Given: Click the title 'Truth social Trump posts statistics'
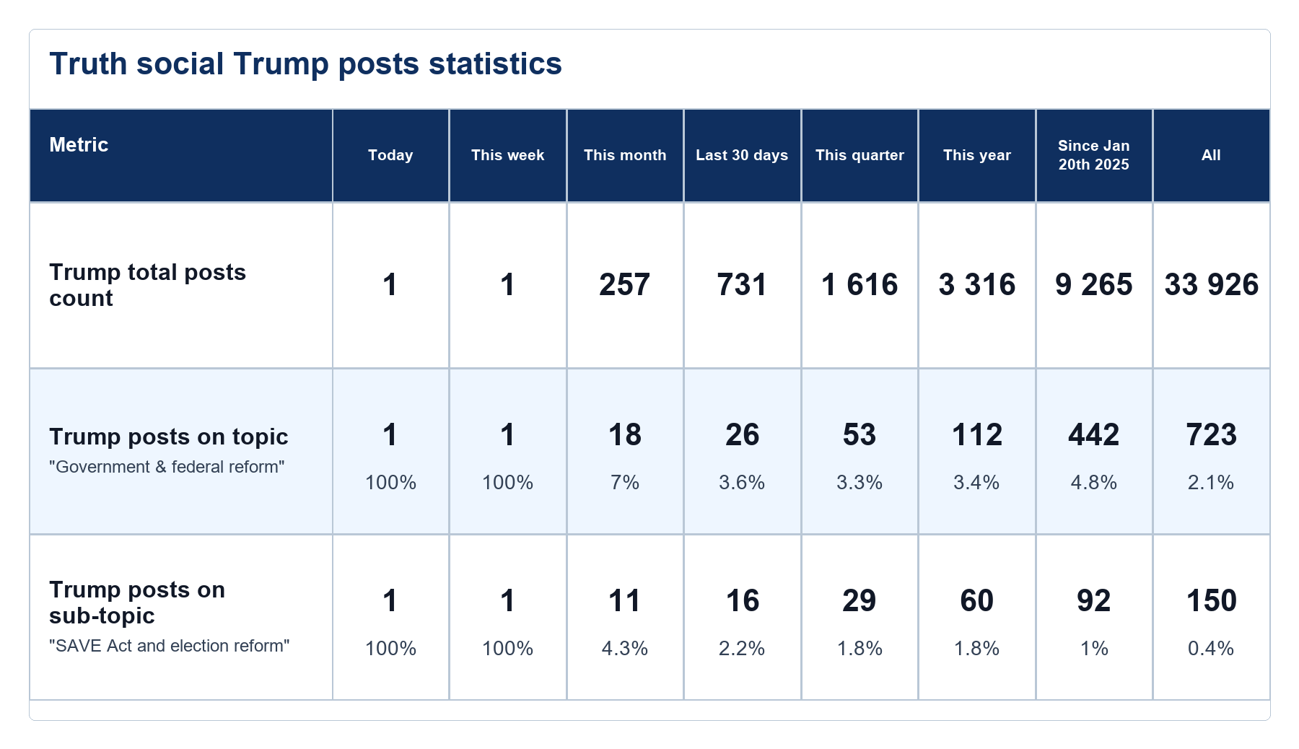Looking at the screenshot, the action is [305, 64].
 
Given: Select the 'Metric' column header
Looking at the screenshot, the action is [79, 145].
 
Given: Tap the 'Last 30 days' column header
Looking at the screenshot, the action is [742, 155].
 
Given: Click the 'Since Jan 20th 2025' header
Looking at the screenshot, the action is [1094, 155].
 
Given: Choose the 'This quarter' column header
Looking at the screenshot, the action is [860, 155].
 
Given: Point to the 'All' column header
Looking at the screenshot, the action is [1211, 155].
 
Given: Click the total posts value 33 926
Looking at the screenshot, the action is [1212, 285].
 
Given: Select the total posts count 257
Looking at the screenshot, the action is [625, 285].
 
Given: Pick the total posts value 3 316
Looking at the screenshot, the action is [977, 285].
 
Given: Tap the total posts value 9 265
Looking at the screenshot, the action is [1094, 285].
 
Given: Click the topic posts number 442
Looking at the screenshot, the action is [1094, 435].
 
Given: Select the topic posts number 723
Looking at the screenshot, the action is [1212, 435].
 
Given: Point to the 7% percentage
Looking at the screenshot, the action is [625, 482].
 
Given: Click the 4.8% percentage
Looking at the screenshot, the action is [1094, 482].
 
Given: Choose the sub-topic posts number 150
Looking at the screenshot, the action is [1212, 601].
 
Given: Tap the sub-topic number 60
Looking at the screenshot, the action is [977, 601].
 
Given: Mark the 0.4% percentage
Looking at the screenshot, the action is [1211, 648].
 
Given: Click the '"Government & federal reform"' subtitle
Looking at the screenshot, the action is [167, 467].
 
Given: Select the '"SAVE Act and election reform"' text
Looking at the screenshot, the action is [170, 646].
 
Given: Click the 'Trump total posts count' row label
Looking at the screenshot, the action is [148, 285].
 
